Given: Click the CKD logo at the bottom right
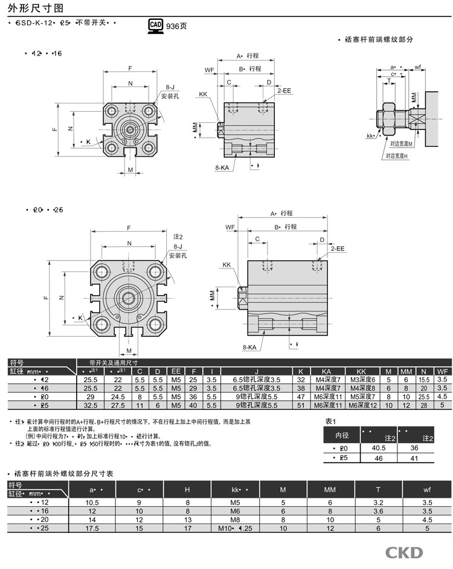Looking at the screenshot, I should pyautogui.click(x=405, y=553).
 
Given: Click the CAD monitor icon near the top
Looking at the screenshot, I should pyautogui.click(x=155, y=25).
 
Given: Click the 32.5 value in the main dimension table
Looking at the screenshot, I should pyautogui.click(x=89, y=405).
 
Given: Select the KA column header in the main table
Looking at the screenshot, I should pyautogui.click(x=326, y=371).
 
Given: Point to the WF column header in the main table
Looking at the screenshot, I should pyautogui.click(x=442, y=371).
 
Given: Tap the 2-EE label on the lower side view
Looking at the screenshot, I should pyautogui.click(x=336, y=249).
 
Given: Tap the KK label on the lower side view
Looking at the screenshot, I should pyautogui.click(x=226, y=265).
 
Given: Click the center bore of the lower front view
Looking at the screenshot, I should pyautogui.click(x=129, y=298).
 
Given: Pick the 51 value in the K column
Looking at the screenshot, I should pyautogui.click(x=300, y=405).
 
